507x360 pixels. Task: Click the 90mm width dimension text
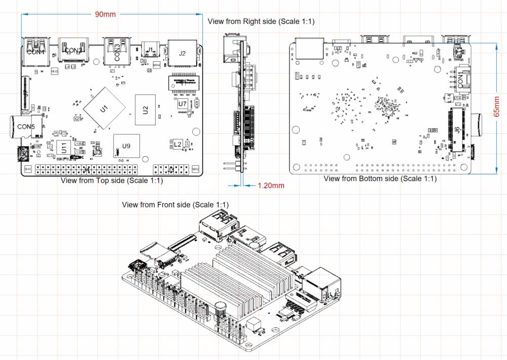(x=105, y=14)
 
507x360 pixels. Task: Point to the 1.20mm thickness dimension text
(x=271, y=186)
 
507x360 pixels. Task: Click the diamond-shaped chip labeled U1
(x=104, y=108)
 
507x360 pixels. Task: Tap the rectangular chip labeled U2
(x=145, y=109)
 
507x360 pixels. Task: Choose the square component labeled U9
(x=126, y=146)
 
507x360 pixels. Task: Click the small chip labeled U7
(x=182, y=103)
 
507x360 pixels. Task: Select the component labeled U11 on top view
(x=64, y=148)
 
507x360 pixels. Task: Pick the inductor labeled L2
(x=177, y=145)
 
